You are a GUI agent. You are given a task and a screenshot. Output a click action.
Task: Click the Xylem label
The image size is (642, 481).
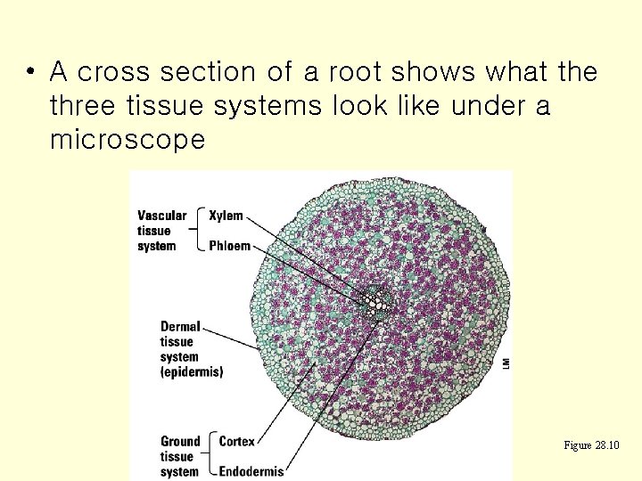(226, 216)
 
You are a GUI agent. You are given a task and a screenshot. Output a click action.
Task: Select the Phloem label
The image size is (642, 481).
(229, 246)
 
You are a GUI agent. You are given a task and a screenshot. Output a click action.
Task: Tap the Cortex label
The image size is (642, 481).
(236, 441)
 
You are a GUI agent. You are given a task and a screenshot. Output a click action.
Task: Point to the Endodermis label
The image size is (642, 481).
(251, 471)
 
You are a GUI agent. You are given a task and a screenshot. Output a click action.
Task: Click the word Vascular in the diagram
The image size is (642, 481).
(162, 216)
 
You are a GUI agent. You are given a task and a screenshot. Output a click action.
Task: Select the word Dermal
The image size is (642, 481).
(180, 327)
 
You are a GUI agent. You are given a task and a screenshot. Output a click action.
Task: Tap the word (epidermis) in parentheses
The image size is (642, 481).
(192, 371)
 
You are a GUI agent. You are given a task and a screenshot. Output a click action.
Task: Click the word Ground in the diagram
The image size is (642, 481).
(180, 441)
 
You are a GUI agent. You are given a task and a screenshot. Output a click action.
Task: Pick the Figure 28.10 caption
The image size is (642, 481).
(592, 445)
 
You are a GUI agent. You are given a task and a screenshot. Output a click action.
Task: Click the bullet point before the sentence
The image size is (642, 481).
(30, 72)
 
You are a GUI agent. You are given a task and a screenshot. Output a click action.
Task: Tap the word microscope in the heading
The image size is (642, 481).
(128, 141)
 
